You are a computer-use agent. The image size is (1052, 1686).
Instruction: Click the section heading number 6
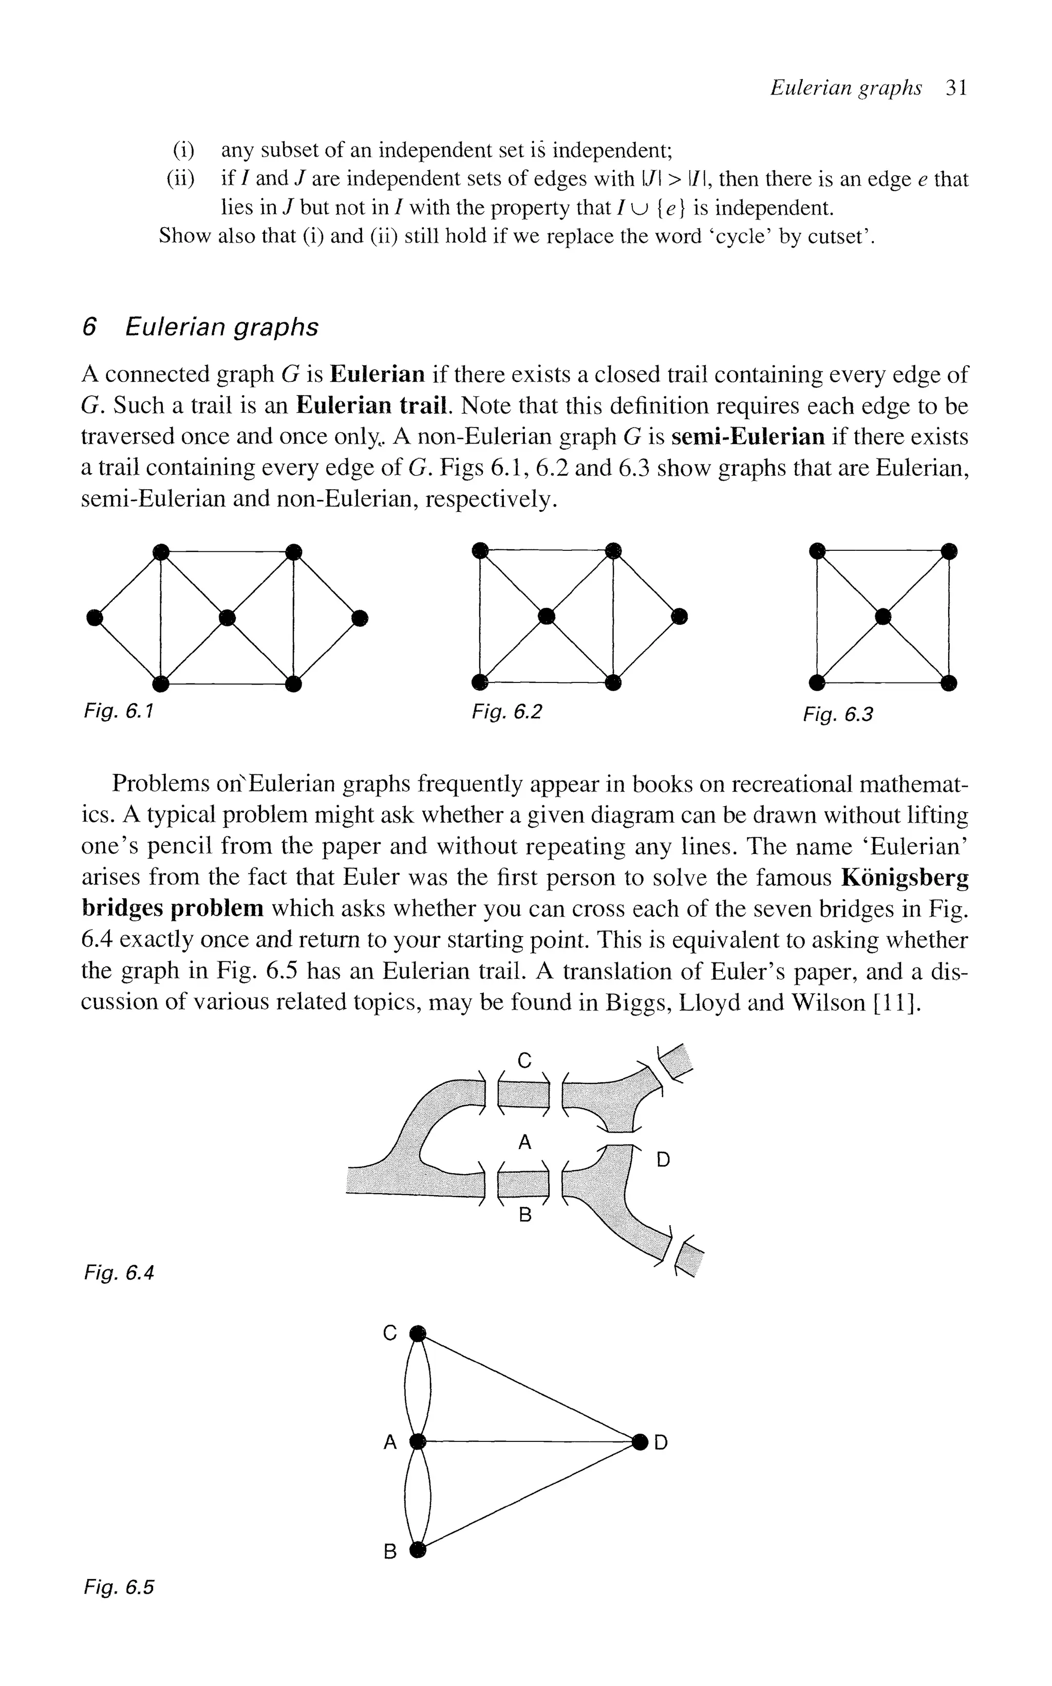[x=88, y=327]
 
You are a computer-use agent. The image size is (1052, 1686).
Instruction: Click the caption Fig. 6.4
[x=118, y=1273]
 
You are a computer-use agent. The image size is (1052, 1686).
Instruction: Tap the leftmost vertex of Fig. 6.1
[x=95, y=617]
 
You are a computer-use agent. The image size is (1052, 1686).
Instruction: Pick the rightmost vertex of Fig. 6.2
[x=679, y=615]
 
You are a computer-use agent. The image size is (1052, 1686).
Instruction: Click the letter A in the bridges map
[x=525, y=1142]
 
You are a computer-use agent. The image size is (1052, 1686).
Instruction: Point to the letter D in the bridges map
[x=663, y=1160]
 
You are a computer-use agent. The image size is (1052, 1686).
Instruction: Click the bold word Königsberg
[x=905, y=878]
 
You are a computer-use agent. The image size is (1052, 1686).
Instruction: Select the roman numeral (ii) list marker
[x=181, y=179]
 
